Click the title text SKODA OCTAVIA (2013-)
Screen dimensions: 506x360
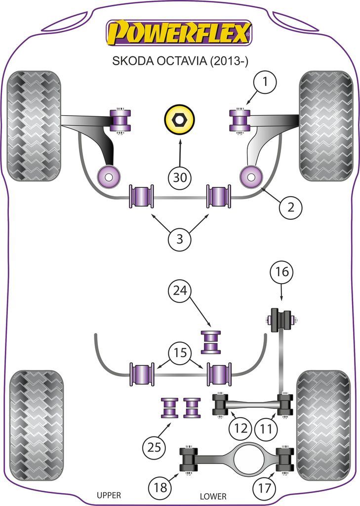click(x=180, y=61)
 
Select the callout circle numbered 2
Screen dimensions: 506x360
click(x=290, y=208)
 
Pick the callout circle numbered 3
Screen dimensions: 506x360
click(x=180, y=240)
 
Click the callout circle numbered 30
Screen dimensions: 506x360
click(x=180, y=178)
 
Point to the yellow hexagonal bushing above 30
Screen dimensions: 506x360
click(x=180, y=120)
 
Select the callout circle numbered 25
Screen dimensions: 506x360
click(x=155, y=448)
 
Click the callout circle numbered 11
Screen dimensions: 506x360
click(x=266, y=429)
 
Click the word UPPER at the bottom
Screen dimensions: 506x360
click(x=109, y=495)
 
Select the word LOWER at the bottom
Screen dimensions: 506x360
click(x=213, y=496)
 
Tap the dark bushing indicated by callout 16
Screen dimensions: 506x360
click(x=281, y=320)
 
